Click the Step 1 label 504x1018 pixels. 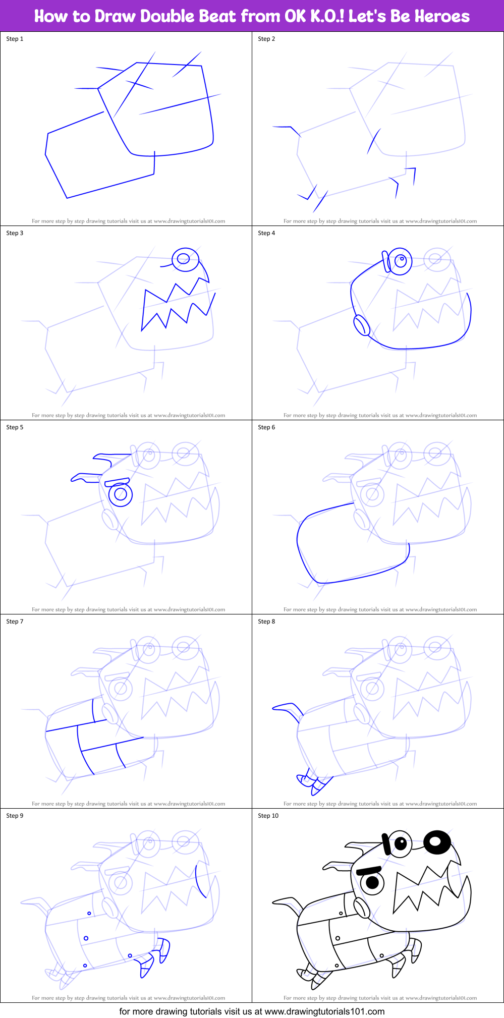(x=15, y=39)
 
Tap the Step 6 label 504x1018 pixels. (x=266, y=427)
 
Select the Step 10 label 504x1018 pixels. (x=268, y=816)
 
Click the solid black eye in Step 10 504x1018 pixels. (x=437, y=840)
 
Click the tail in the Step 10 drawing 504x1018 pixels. (x=288, y=902)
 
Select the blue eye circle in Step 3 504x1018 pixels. (x=184, y=259)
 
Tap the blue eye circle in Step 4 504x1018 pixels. (x=401, y=261)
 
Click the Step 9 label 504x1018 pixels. (x=15, y=816)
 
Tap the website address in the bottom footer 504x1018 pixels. (x=324, y=1011)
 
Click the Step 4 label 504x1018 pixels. (x=266, y=233)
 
